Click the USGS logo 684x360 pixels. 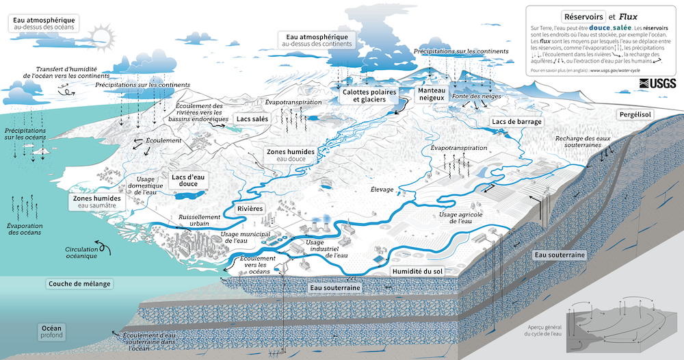(x=657, y=83)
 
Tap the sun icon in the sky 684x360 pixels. (x=103, y=34)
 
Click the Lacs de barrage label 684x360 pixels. (x=516, y=122)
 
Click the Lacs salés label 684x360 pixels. (x=252, y=118)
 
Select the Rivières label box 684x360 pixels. (x=251, y=208)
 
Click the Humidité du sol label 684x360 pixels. (x=417, y=272)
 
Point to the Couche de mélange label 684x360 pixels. (x=79, y=283)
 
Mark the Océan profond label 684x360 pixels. (x=51, y=331)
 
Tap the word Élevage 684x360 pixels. (x=382, y=189)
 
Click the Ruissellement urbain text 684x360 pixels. (x=200, y=219)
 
